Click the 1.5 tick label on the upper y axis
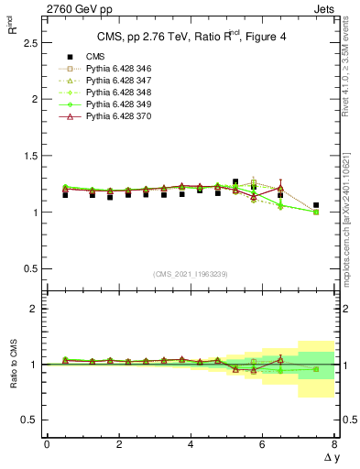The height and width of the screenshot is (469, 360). [29, 156]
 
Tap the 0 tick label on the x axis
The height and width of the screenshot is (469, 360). [47, 444]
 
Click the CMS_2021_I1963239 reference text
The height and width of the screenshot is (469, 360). [191, 274]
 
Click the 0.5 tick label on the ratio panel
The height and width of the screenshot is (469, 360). [29, 420]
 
